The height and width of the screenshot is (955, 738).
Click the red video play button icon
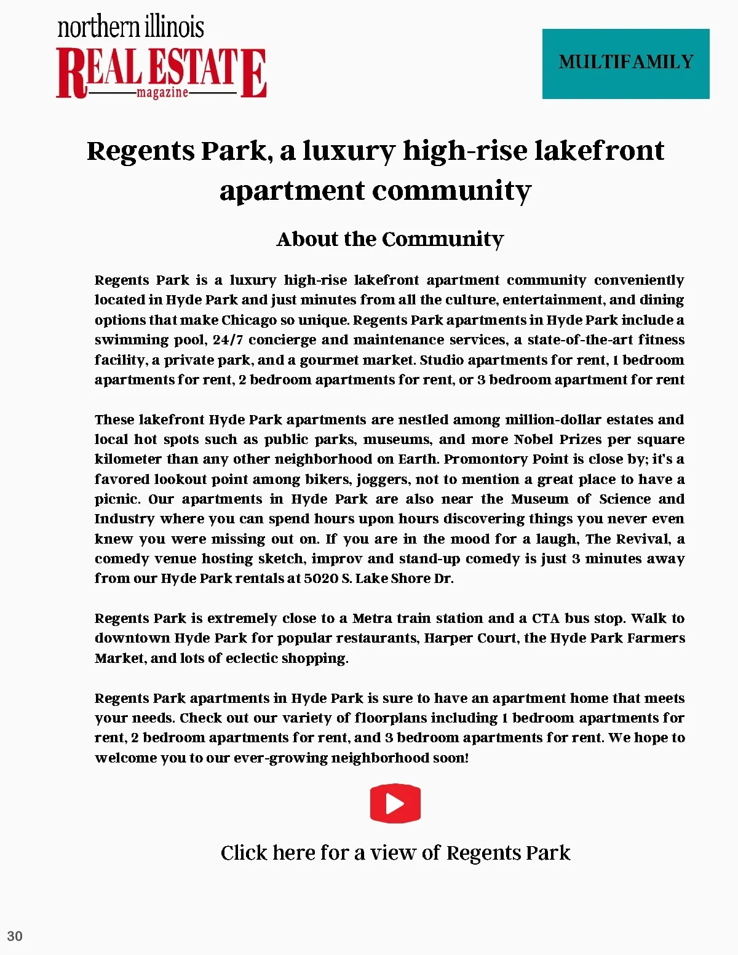tap(395, 803)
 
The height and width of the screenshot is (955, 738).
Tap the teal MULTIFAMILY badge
tap(625, 63)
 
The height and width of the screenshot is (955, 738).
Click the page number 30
tap(15, 936)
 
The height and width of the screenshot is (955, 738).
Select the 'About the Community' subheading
tap(390, 239)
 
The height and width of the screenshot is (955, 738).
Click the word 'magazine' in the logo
tap(162, 92)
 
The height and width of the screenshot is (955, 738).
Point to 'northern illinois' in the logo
tap(130, 27)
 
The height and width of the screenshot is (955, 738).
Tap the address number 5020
tap(321, 578)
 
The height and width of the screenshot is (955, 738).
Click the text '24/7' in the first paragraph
tap(228, 339)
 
